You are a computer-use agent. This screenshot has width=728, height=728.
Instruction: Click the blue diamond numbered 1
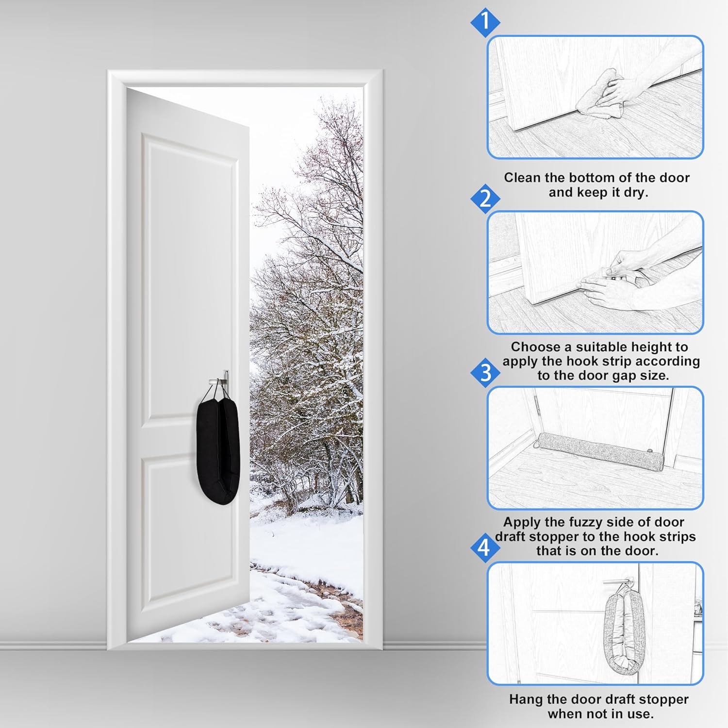pos(485,22)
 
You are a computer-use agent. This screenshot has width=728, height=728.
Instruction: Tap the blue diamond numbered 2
pos(485,199)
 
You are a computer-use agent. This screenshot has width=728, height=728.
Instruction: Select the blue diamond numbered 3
pos(485,373)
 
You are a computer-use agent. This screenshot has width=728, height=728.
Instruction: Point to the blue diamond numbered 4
pos(484,547)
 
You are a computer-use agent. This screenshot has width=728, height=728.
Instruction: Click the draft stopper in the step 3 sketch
pos(595,450)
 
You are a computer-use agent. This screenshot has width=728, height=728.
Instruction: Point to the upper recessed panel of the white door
pos(191,277)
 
